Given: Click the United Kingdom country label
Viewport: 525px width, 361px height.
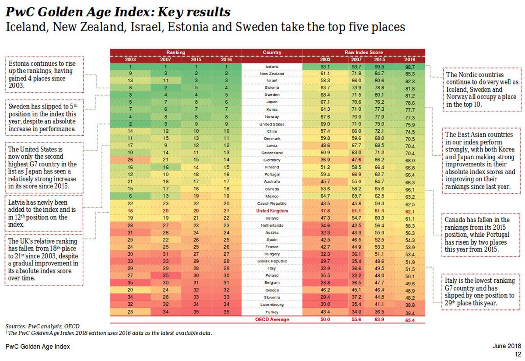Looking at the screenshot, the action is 272,211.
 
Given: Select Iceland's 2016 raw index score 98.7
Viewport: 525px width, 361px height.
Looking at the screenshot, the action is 410,67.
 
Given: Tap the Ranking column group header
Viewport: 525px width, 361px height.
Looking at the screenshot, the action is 175,53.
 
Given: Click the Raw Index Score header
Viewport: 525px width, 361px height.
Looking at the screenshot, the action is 364,53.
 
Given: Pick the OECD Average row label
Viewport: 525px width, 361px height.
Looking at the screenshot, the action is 272,319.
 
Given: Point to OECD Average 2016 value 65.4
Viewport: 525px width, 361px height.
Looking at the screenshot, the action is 409,320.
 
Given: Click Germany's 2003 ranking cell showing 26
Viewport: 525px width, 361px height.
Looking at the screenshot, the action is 130,160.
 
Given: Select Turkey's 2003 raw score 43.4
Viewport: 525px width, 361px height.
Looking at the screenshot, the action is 325,312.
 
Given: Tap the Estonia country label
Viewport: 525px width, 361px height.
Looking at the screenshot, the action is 272,88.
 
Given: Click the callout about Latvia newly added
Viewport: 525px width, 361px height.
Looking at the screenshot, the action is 44,213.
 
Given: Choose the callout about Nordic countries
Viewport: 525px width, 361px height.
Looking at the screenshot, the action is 482,89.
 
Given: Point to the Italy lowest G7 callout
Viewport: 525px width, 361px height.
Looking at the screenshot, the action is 481,291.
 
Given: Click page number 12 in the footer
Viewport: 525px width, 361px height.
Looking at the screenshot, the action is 518,354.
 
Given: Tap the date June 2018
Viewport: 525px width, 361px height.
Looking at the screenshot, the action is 507,346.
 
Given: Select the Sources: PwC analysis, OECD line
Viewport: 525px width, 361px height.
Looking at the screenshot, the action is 42,326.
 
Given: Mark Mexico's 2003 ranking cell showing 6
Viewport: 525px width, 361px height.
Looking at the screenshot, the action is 130,196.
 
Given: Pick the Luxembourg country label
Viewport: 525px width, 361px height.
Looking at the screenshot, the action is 272,305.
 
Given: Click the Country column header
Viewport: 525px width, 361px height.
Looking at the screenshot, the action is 272,53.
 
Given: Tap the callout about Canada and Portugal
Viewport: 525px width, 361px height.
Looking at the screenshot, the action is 481,235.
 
